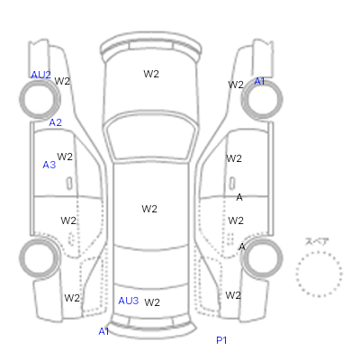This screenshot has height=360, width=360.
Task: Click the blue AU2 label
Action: coord(41,75)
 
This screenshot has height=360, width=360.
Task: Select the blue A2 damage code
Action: coord(56,122)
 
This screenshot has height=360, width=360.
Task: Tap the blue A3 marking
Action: coord(49,165)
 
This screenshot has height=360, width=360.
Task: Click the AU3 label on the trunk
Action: coord(129,301)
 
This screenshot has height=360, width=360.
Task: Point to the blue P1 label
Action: coord(221,340)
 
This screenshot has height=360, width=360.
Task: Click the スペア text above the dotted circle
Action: coord(317,241)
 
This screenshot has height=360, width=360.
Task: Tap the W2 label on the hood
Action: coord(151,74)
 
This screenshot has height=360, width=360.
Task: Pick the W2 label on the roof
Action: coord(149,209)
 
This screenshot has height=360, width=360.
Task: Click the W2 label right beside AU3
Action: coord(152,302)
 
